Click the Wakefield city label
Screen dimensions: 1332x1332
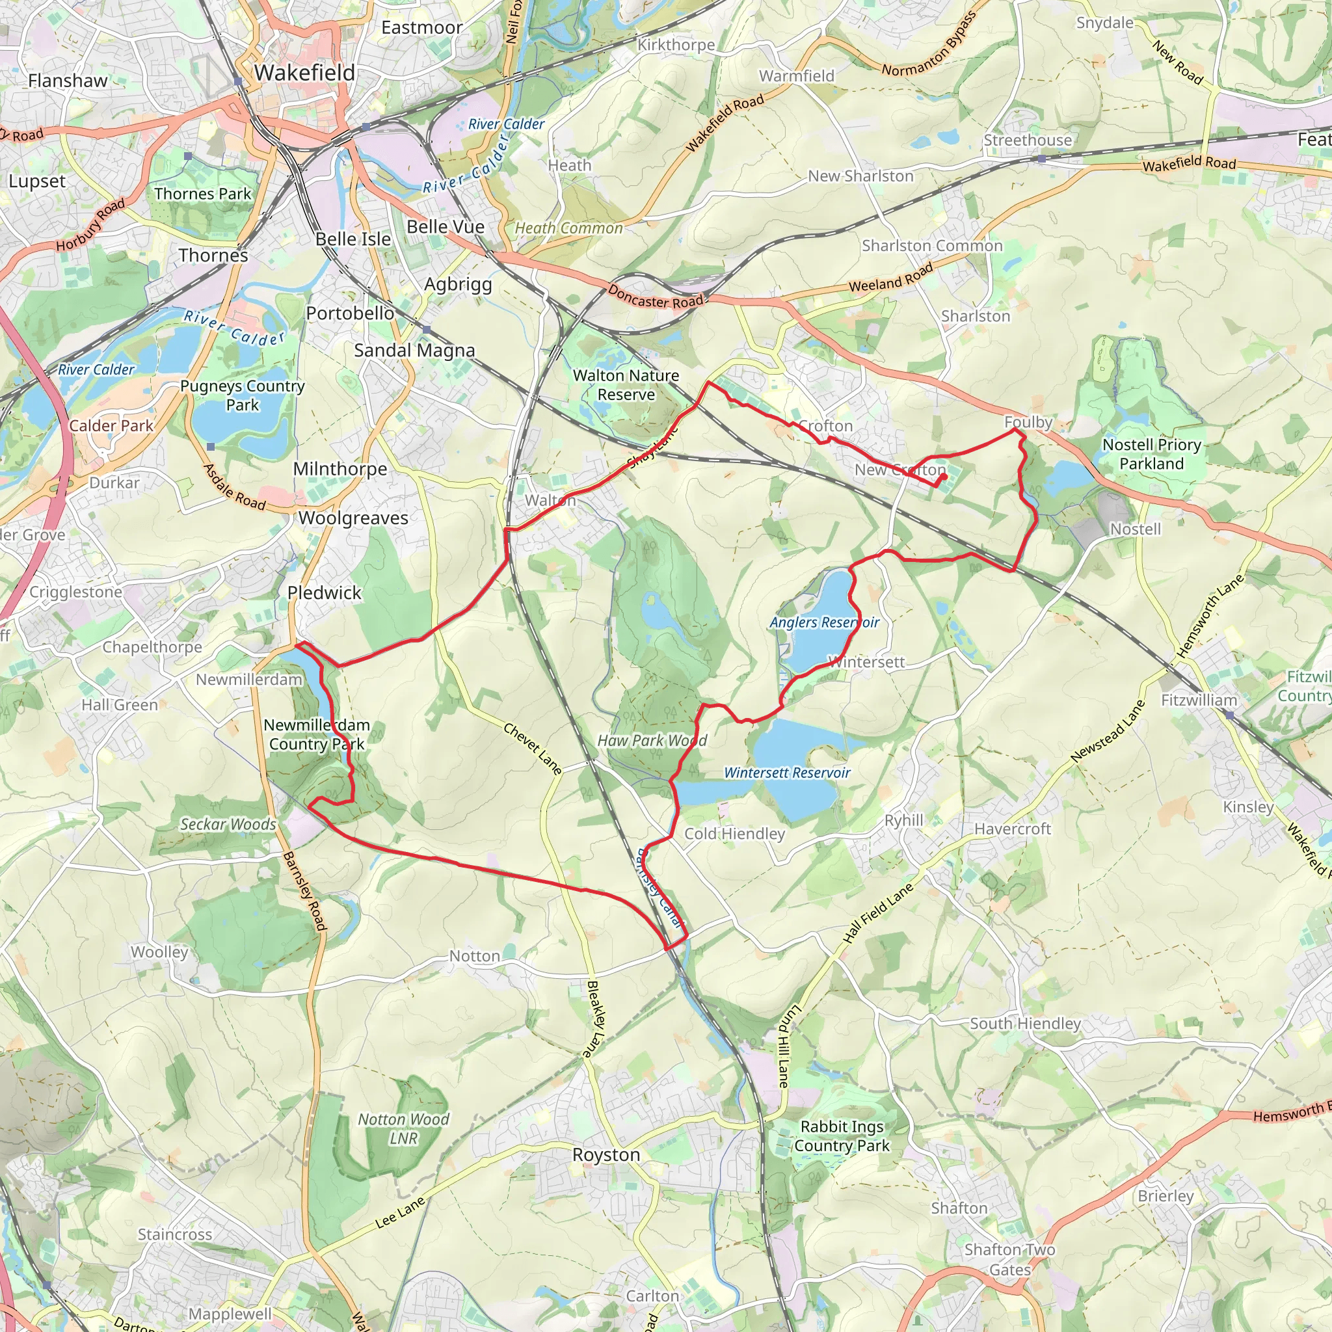tap(305, 72)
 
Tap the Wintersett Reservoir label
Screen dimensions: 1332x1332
tap(787, 773)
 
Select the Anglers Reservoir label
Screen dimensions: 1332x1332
tap(825, 622)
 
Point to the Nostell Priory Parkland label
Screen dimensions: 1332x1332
tap(1151, 454)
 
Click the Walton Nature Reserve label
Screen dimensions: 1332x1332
tap(626, 385)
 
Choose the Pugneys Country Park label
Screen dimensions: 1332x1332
tap(242, 395)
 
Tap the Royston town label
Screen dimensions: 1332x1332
tap(606, 1154)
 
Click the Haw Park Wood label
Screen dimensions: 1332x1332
tap(652, 740)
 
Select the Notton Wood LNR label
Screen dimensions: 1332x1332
tap(403, 1128)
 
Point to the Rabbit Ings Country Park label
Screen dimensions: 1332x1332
tap(842, 1136)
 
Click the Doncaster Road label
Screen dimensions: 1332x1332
tap(656, 297)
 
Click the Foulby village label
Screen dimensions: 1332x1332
tap(1028, 422)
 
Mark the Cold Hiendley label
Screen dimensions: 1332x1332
tap(734, 834)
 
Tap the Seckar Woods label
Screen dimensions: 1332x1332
tap(228, 824)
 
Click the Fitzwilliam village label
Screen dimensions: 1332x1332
tap(1199, 700)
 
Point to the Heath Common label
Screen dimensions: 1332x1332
tap(569, 228)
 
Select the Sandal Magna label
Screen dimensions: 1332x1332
tap(414, 351)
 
